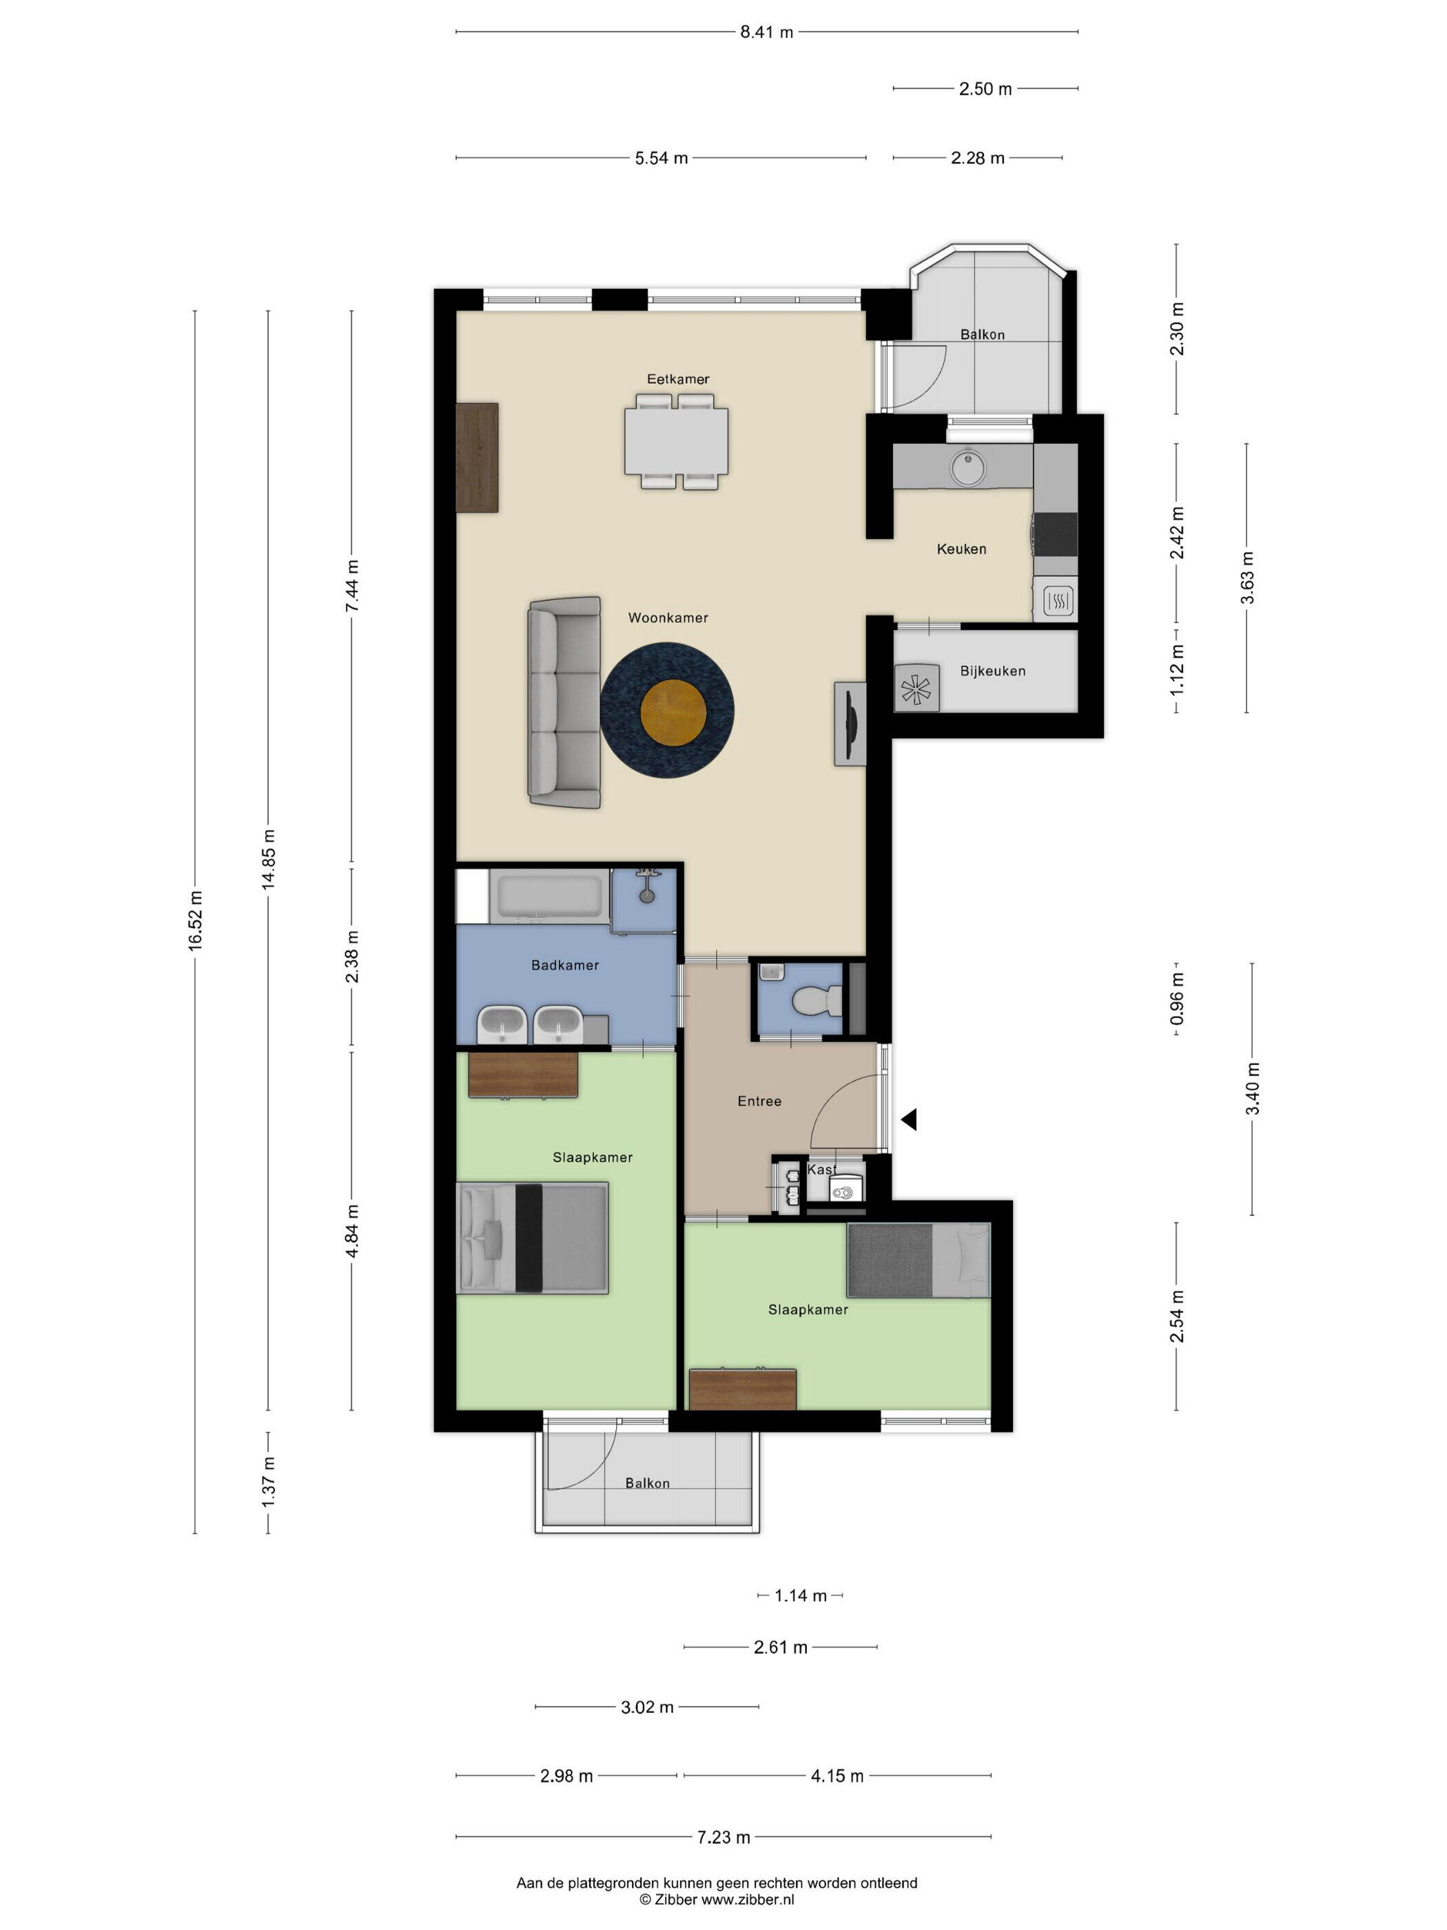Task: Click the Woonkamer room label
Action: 667,618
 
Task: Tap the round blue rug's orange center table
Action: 673,713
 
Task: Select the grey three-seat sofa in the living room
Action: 564,702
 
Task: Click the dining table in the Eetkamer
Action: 676,440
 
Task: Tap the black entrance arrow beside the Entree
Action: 909,1119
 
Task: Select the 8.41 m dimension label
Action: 766,32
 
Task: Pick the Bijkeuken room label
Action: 992,671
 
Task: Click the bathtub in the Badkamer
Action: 548,895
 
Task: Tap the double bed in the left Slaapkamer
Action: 533,1237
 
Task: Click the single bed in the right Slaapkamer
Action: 918,1260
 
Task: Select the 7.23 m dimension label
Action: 723,1837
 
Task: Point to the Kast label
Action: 821,1169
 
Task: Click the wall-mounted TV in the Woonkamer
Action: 850,724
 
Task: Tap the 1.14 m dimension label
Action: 800,1596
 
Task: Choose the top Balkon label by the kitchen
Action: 982,334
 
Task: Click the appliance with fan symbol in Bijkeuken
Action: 916,689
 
